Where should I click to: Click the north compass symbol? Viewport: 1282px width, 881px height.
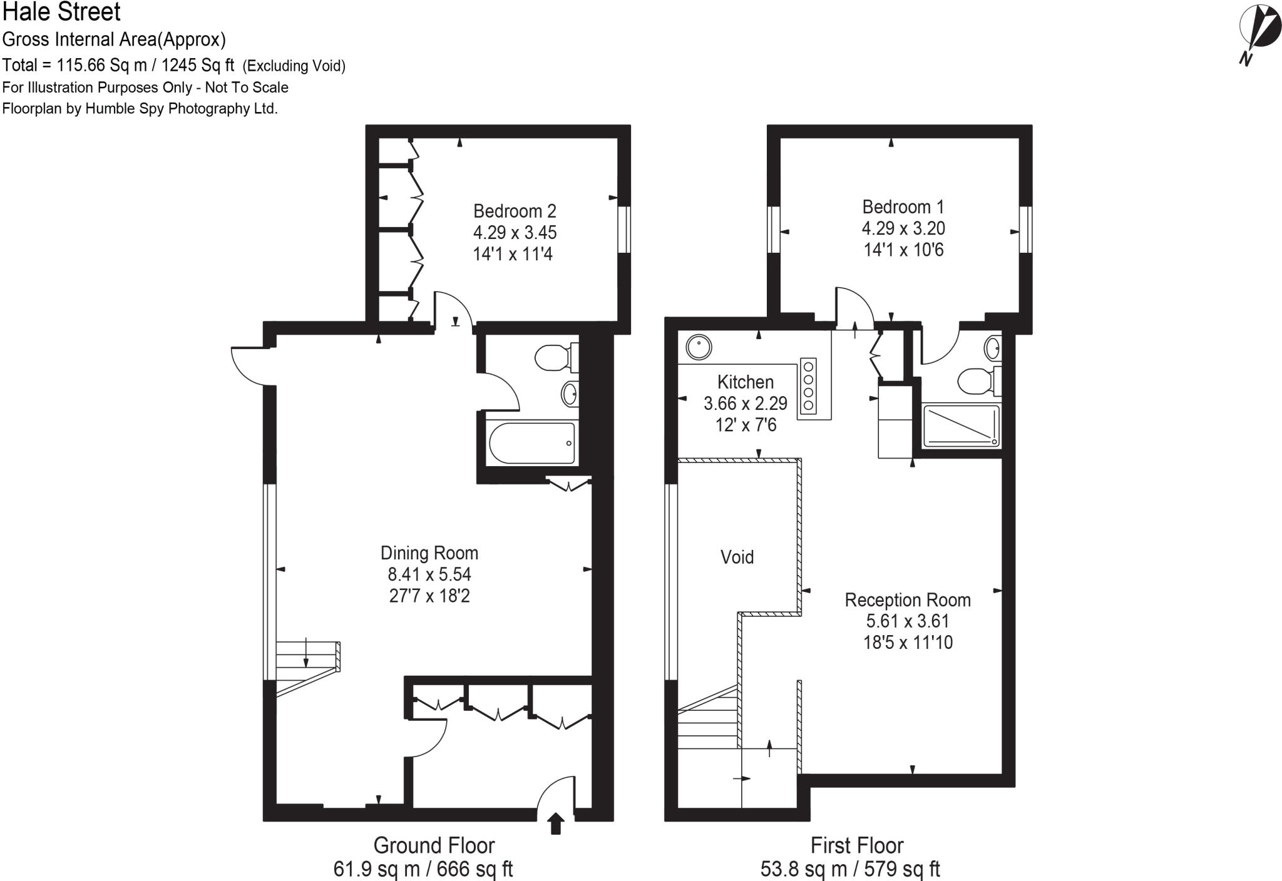coord(1259,31)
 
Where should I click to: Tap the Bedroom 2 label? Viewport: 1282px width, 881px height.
coord(514,211)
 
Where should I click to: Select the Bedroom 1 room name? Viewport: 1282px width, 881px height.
coord(903,207)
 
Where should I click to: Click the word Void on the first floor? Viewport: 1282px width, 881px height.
coord(737,557)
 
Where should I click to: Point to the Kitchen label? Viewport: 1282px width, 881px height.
coord(745,382)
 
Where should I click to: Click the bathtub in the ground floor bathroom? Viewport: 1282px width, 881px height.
coord(532,443)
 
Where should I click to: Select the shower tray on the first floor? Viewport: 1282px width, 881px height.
coord(961,426)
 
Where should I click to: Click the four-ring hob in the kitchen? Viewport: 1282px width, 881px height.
coord(808,385)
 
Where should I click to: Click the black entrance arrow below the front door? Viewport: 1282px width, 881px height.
coord(555,824)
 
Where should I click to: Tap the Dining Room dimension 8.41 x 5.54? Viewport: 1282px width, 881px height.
coord(429,574)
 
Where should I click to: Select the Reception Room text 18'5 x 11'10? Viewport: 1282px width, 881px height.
coord(908,643)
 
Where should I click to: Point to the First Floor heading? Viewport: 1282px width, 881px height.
coord(856,846)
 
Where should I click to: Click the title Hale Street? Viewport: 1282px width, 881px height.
coord(61,13)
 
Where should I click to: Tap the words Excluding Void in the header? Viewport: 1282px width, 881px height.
coord(294,66)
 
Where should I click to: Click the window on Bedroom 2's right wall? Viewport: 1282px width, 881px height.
coord(623,230)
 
